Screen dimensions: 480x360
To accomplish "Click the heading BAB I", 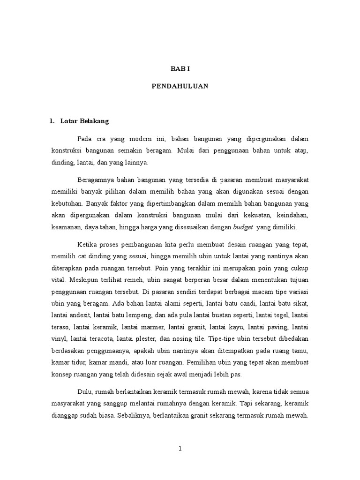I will [180, 68].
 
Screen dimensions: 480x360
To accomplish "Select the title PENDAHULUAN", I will [180, 86].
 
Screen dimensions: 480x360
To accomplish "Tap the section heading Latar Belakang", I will [84, 121].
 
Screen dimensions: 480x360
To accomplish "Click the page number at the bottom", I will [180, 448].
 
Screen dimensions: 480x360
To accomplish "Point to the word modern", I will [139, 139].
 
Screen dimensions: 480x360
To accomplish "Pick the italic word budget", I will [243, 227].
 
